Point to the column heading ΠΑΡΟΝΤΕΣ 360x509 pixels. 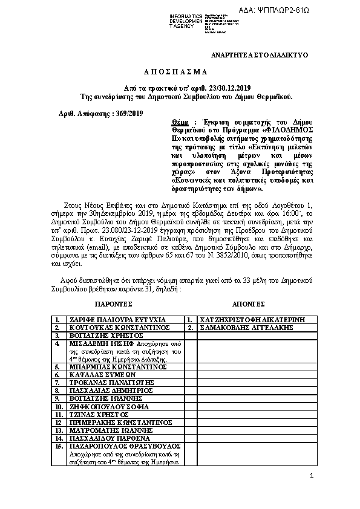(x=119, y=305)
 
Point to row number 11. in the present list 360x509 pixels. (x=59, y=415)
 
